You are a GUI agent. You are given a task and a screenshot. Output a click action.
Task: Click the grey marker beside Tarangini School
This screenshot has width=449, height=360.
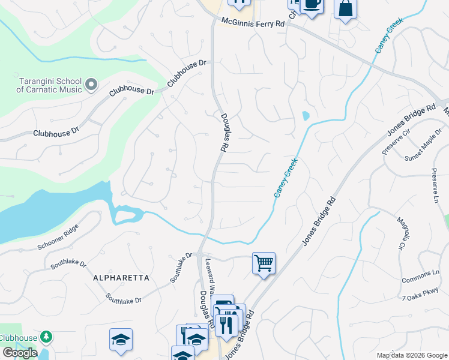point(91,85)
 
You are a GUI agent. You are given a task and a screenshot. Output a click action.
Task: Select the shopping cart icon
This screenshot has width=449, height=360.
point(264,263)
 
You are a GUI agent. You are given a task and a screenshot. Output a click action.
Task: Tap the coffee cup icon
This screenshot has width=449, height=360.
point(310,5)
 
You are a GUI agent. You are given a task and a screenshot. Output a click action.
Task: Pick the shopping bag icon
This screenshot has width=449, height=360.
point(345,8)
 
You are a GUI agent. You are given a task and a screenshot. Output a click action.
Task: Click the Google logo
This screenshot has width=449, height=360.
point(20,353)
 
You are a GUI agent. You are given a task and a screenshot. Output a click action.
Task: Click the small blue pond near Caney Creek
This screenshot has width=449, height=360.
point(306,115)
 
